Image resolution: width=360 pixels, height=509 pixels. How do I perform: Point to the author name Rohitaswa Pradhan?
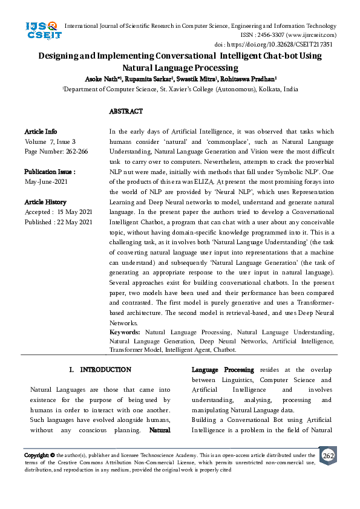tap(249, 79)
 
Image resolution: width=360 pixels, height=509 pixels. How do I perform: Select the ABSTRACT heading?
tap(126, 112)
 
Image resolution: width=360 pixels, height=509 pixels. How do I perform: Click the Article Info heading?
tap(41, 131)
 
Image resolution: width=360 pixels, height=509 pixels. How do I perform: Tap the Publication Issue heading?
tap(50, 172)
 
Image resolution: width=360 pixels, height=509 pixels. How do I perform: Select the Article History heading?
tap(45, 202)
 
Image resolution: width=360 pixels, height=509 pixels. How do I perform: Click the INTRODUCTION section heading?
tap(105, 369)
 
